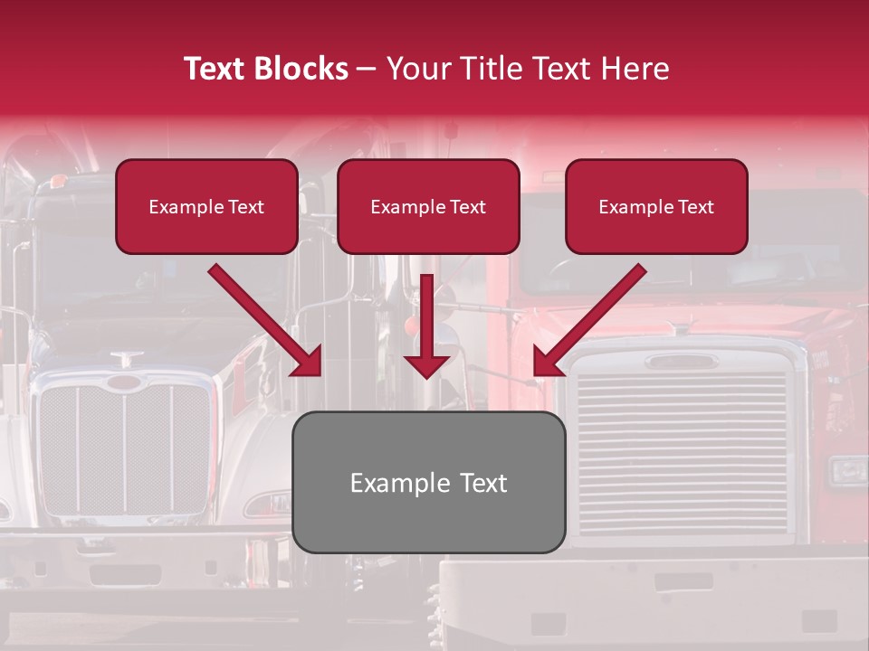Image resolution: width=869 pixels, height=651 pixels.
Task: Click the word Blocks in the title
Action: tap(300, 69)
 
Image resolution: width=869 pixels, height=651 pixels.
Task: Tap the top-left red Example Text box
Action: tap(206, 206)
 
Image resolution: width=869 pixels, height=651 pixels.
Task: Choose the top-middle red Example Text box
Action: tap(428, 206)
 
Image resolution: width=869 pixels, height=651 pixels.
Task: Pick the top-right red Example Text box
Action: tap(656, 206)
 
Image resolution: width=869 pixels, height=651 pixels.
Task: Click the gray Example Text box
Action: tap(428, 482)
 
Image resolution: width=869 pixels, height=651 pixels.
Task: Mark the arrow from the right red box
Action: tap(588, 321)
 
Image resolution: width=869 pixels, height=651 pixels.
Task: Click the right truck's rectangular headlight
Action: tap(848, 470)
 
